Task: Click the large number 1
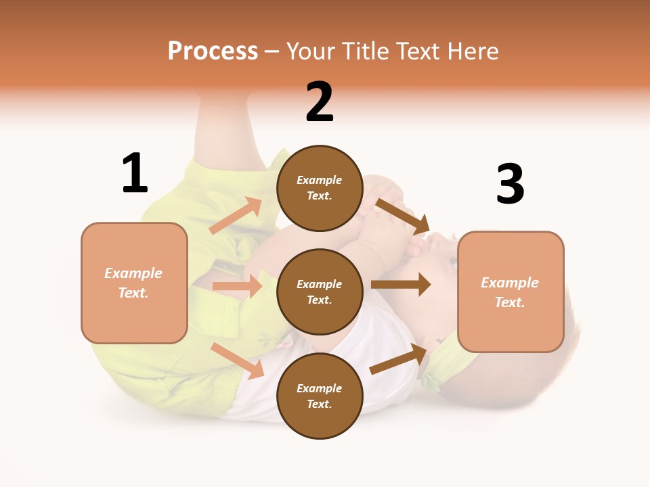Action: (x=135, y=173)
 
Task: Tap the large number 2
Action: (x=320, y=102)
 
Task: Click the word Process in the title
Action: (x=213, y=51)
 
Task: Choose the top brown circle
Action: (x=320, y=188)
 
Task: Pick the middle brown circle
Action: (x=320, y=292)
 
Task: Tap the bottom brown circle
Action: (x=320, y=396)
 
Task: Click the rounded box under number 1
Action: (x=134, y=283)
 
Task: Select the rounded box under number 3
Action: (x=511, y=292)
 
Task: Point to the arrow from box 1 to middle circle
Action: (x=237, y=286)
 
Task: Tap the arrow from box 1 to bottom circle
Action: (x=238, y=361)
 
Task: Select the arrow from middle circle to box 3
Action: (x=400, y=285)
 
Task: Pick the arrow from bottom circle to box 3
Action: (x=399, y=359)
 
